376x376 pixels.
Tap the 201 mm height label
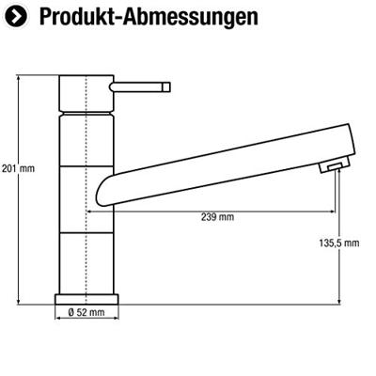pyautogui.click(x=19, y=169)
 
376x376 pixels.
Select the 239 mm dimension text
pyautogui.click(x=218, y=219)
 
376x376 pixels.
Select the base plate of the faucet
pyautogui.click(x=87, y=297)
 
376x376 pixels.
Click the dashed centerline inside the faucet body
pyautogui.click(x=86, y=188)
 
